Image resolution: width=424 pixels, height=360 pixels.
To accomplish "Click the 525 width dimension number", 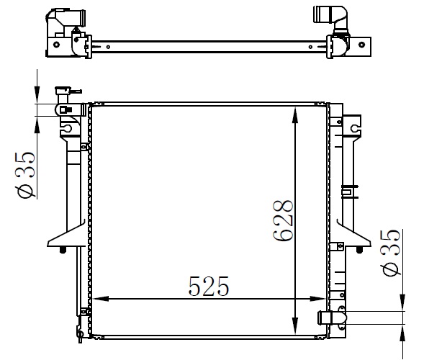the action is [x=209, y=286].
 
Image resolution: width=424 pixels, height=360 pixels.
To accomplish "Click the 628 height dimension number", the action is [x=283, y=220].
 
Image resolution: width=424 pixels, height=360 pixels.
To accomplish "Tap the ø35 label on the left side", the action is [x=26, y=175].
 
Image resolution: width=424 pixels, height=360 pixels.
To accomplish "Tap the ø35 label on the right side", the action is [x=391, y=253].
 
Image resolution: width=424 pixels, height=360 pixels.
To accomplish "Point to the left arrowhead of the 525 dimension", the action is [x=100, y=299].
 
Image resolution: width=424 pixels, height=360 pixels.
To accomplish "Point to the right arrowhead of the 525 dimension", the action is [x=317, y=299].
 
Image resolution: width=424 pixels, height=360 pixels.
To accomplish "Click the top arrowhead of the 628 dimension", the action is [x=295, y=115].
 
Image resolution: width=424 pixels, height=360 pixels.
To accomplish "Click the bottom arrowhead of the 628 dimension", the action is [x=295, y=325].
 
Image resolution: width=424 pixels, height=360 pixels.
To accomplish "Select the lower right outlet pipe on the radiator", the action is [x=332, y=318].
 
